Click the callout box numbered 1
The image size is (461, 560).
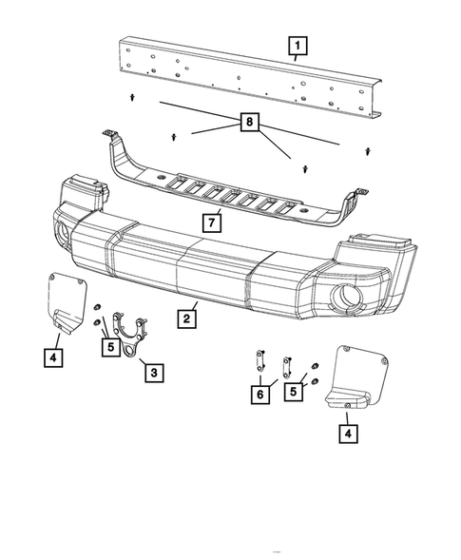point(298,44)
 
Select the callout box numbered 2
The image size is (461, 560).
point(188,319)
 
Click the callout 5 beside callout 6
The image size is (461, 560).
point(297,391)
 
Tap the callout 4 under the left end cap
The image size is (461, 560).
point(53,358)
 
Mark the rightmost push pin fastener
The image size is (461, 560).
point(368,149)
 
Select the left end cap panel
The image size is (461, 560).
point(66,300)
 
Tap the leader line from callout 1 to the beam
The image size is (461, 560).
point(296,58)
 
